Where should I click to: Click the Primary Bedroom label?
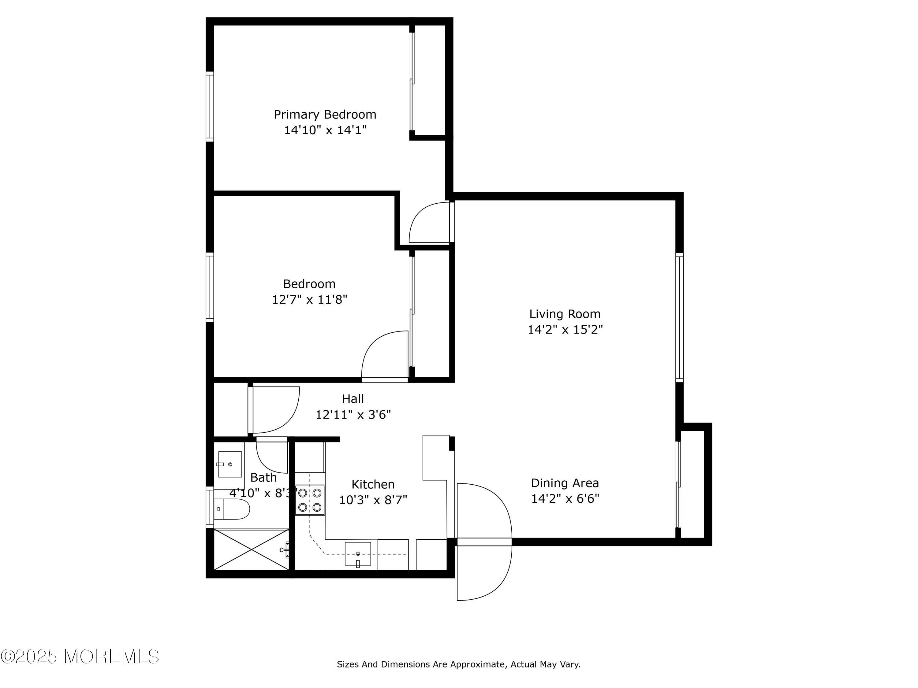325,114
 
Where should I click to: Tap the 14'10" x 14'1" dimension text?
325,130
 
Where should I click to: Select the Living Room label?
565,314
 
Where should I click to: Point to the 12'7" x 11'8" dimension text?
310,299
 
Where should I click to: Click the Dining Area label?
565,483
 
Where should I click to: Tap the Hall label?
353,399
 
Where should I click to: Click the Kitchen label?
373,484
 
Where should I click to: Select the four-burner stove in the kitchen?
310,500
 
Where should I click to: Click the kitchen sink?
358,554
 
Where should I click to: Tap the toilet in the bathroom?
232,509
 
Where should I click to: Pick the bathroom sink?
229,464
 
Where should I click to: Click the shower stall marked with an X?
252,549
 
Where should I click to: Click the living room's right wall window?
679,318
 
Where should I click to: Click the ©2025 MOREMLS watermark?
80,657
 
